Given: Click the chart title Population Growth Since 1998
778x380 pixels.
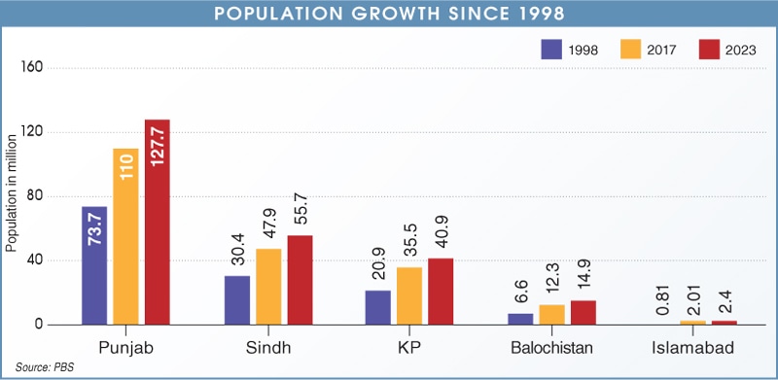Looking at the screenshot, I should (x=389, y=14).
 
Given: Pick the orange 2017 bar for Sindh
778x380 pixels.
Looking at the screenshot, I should (x=268, y=287).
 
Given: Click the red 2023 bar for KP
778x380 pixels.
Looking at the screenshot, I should (x=441, y=292).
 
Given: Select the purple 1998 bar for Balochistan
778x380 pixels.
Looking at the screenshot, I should (x=519, y=319).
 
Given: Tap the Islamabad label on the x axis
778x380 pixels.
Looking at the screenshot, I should (x=692, y=347).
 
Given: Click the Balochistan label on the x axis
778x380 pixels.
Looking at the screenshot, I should (x=550, y=347).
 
